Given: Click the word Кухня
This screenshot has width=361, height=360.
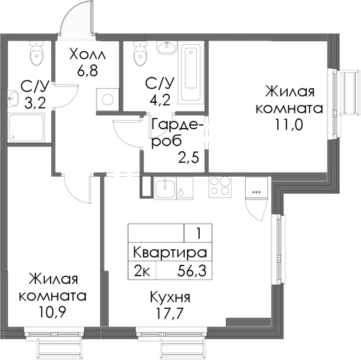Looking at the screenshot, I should (x=170, y=297).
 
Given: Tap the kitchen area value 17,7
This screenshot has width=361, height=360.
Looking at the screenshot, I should (x=170, y=313).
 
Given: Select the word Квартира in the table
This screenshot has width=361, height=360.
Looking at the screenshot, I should (x=170, y=253).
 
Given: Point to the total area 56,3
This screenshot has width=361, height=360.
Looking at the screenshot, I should (x=192, y=271).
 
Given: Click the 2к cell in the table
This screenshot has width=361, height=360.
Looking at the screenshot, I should (x=141, y=271).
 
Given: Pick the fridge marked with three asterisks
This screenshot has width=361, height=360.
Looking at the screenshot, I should (x=256, y=192).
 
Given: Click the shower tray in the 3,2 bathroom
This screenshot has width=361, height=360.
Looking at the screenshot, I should (x=29, y=127).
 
